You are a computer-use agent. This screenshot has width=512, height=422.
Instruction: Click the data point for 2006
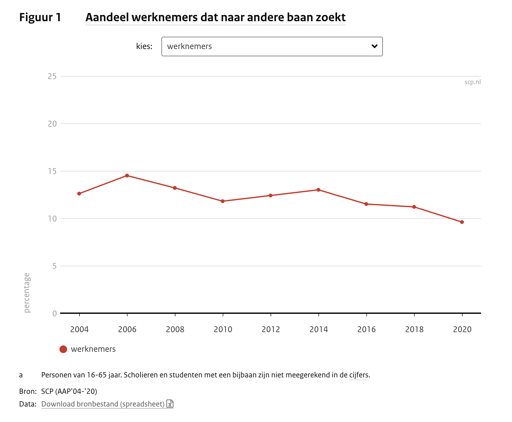pyautogui.click(x=127, y=176)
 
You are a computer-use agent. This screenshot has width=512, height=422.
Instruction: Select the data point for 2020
pyautogui.click(x=462, y=222)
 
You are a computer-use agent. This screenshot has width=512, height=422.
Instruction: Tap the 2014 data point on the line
pyautogui.click(x=318, y=190)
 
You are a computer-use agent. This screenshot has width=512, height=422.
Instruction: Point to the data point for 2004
pyautogui.click(x=79, y=194)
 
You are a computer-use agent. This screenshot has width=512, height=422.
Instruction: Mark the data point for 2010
pyautogui.click(x=223, y=201)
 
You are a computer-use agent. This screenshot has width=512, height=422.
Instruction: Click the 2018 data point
pyautogui.click(x=414, y=207)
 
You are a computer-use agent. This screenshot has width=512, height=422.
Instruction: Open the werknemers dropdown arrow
pyautogui.click(x=374, y=47)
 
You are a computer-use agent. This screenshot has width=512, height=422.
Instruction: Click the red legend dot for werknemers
pyautogui.click(x=63, y=349)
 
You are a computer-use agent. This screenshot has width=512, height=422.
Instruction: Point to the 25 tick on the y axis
pyautogui.click(x=52, y=76)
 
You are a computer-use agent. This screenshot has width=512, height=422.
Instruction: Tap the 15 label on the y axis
pyautogui.click(x=52, y=171)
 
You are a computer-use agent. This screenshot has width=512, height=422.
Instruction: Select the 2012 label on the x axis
pyautogui.click(x=271, y=330)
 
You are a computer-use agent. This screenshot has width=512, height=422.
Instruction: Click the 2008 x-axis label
pyautogui.click(x=175, y=330)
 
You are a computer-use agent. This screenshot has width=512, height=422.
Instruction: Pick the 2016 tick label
pyautogui.click(x=366, y=330)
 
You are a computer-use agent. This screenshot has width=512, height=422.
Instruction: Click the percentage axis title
pyautogui.click(x=27, y=293)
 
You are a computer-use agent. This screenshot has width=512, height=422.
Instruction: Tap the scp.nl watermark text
pyautogui.click(x=472, y=82)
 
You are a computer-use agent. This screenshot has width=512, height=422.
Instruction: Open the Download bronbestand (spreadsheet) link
pyautogui.click(x=103, y=404)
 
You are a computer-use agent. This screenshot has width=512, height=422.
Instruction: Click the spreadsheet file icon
pyautogui.click(x=170, y=404)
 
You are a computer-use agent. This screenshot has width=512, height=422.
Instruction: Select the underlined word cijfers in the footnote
pyautogui.click(x=359, y=375)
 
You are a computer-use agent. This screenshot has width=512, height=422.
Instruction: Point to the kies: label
pyautogui.click(x=144, y=47)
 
